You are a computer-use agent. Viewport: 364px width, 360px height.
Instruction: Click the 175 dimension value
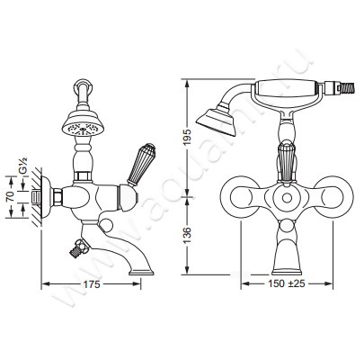tap(92, 284)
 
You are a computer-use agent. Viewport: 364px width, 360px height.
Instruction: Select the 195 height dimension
tap(188, 138)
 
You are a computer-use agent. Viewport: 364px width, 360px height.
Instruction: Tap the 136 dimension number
tap(188, 235)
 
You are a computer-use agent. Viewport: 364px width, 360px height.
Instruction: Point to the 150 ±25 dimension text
tap(287, 283)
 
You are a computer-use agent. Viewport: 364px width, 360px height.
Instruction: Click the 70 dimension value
tap(11, 196)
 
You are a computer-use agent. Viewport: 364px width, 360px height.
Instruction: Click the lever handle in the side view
tap(141, 164)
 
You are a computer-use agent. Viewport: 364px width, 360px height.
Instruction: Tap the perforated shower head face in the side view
tap(82, 130)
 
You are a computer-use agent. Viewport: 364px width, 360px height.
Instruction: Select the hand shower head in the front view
tap(216, 119)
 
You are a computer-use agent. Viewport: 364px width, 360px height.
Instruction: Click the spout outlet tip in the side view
tap(141, 273)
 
